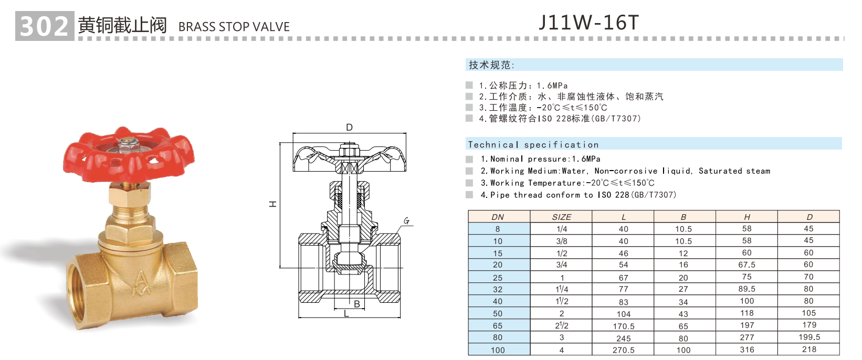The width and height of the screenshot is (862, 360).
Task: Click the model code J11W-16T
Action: point(588,23)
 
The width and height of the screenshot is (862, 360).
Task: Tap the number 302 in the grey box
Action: point(45,26)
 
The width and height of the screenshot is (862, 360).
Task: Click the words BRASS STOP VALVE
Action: point(234,27)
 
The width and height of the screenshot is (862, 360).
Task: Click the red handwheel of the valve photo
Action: point(128,153)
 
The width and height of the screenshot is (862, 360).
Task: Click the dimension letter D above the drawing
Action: point(349,128)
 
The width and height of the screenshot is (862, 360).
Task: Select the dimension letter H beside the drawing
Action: point(273,204)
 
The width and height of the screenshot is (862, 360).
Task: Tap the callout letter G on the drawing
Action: point(406,221)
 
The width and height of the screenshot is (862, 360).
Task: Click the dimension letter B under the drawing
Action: point(357,304)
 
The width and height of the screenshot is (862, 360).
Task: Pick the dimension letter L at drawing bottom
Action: point(346,314)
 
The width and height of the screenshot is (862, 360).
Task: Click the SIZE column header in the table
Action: point(561,217)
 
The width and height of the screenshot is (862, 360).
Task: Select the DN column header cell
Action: point(498,217)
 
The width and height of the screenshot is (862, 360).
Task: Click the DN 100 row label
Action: point(498,350)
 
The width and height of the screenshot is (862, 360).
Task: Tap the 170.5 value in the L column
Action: point(623,326)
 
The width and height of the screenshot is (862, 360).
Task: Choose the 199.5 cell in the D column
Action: point(808,337)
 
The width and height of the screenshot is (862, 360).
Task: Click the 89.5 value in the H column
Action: point(747,289)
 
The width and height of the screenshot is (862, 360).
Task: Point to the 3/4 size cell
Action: point(561,265)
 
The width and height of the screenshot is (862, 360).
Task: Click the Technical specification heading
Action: point(533,144)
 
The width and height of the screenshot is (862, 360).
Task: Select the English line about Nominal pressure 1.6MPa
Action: point(540,159)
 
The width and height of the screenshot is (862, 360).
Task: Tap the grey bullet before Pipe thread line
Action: point(469,195)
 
